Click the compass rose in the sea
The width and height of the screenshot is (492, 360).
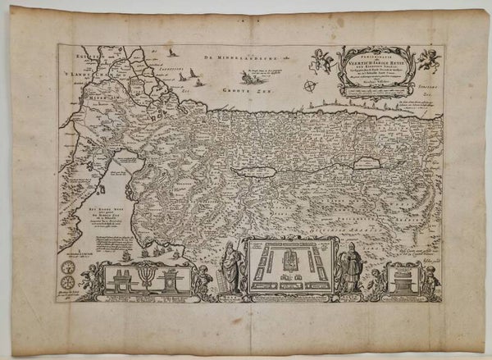pos(307,85)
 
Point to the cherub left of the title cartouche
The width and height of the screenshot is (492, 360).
pos(321,58)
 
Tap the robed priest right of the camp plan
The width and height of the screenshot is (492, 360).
pos(350,268)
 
